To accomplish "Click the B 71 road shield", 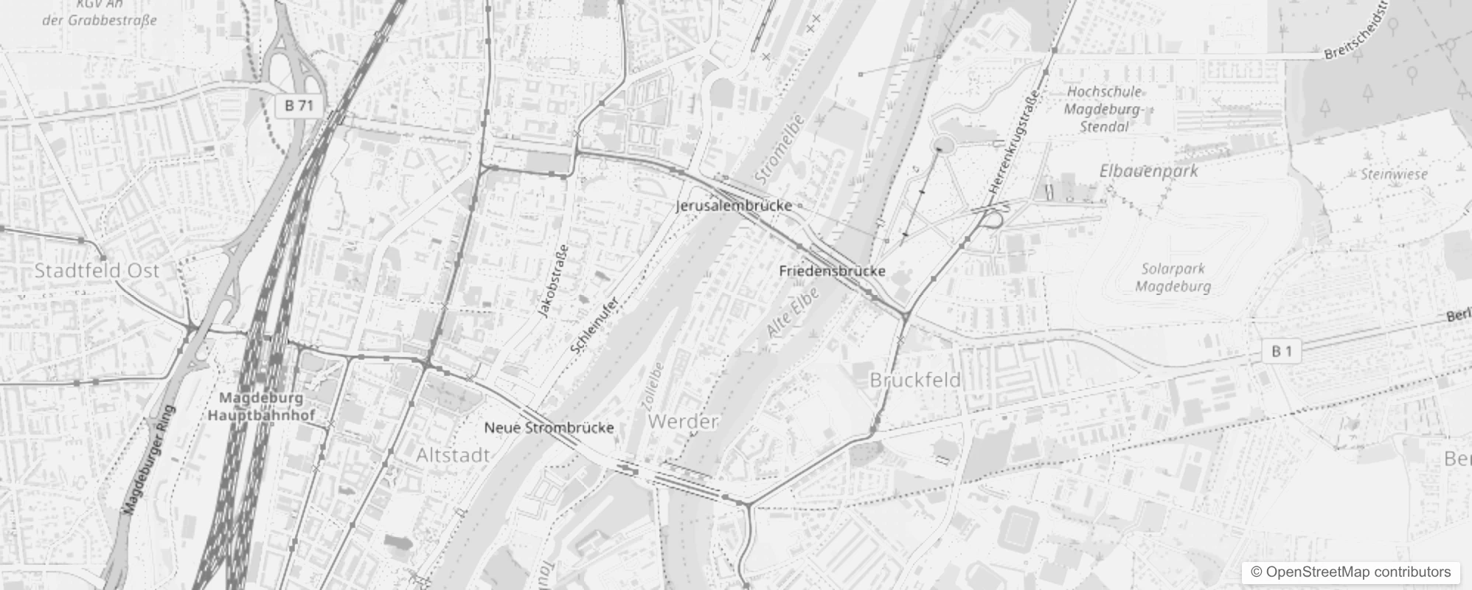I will coord(299,105).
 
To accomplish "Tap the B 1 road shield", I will coord(1282,352).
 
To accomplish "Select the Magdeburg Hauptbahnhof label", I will coord(261,406).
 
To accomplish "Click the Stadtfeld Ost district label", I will coord(97,271).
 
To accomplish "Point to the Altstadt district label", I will coord(453,455).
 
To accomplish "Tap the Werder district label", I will coord(683,421).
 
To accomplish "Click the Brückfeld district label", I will coord(915,380).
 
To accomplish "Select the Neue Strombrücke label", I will coord(549,428).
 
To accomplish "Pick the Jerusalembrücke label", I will coord(734,206).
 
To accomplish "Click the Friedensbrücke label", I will coord(832,271).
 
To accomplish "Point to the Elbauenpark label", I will coord(1148,171).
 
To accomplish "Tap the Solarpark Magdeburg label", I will coord(1173,277).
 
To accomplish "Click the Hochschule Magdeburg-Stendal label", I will coord(1104,109).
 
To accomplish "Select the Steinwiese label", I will coord(1394,175).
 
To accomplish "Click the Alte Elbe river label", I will coord(792,313).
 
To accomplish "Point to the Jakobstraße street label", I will coord(553,281).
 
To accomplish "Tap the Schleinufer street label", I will coord(594,324).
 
